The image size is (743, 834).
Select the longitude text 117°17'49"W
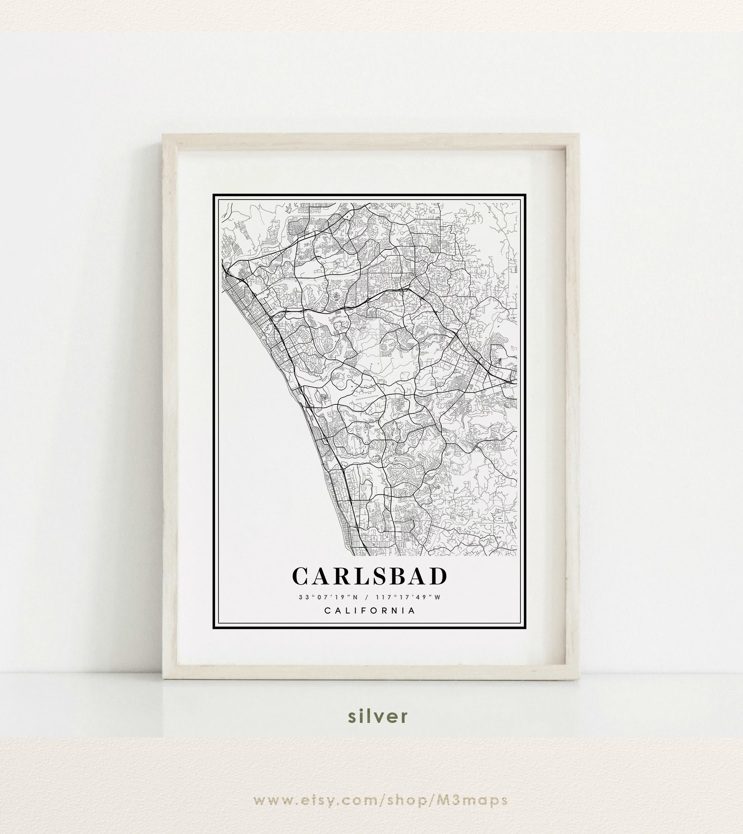[x=408, y=597]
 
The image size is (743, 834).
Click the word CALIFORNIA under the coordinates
[x=370, y=611]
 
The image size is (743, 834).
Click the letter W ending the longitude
[x=438, y=597]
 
